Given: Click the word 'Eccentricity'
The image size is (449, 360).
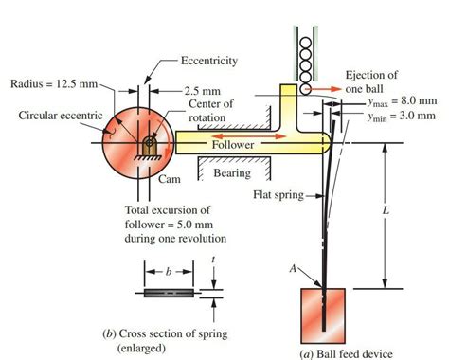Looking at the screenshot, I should [x=209, y=61].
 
